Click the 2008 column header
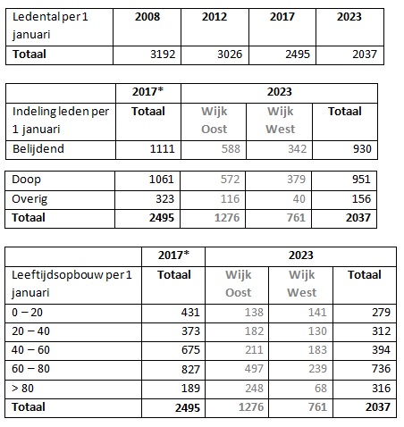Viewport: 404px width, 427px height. pyautogui.click(x=147, y=17)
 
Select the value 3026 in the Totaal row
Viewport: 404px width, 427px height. pyautogui.click(x=230, y=54)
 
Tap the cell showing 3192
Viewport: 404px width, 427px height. pyautogui.click(x=163, y=54)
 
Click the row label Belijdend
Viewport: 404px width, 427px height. pyautogui.click(x=38, y=149)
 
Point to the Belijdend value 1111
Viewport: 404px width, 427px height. pyautogui.click(x=162, y=149)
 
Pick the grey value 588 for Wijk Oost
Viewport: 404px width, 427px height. pyautogui.click(x=231, y=149)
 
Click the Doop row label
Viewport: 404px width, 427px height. pyautogui.click(x=26, y=180)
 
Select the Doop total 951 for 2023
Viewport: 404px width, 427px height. pyautogui.click(x=361, y=180)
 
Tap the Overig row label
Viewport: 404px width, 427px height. pyautogui.click(x=29, y=199)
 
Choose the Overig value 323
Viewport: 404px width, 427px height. pyautogui.click(x=164, y=199)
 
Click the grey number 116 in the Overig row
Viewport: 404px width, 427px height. pyautogui.click(x=230, y=199)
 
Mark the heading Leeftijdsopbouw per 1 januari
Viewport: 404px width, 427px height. pyautogui.click(x=72, y=284)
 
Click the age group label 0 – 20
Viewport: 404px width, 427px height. pyautogui.click(x=27, y=313)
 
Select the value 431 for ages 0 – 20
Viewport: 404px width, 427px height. pyautogui.click(x=190, y=313)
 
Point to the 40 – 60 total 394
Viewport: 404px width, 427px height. pyautogui.click(x=381, y=350)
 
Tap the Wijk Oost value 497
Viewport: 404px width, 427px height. pyautogui.click(x=254, y=369)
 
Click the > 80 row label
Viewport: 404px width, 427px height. pyautogui.click(x=22, y=389)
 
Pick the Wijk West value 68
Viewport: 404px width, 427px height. pyautogui.click(x=321, y=389)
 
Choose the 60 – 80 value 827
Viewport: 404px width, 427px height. pyautogui.click(x=190, y=369)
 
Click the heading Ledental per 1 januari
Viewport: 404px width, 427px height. pyautogui.click(x=50, y=26)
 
